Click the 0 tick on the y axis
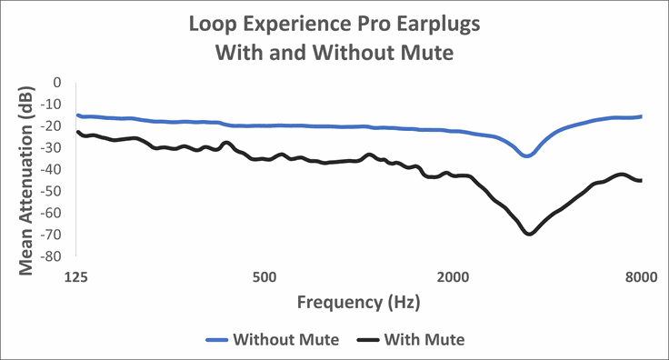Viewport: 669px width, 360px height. click(56, 82)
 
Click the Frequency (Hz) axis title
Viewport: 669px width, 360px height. click(359, 301)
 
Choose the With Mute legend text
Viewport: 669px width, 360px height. click(424, 340)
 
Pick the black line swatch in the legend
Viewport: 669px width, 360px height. click(367, 340)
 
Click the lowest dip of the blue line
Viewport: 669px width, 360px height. click(527, 155)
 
